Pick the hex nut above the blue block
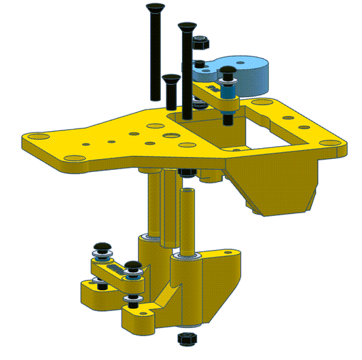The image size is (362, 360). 199,45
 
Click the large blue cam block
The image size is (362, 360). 248,72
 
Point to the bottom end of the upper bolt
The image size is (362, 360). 226,121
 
